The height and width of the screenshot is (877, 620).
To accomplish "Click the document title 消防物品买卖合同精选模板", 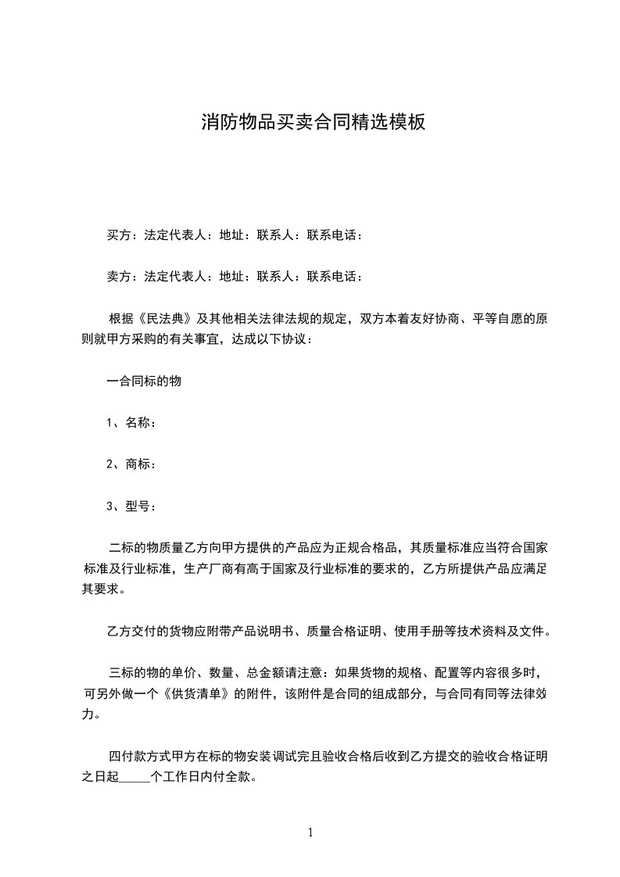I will (313, 122).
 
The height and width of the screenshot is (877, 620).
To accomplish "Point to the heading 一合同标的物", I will (145, 381).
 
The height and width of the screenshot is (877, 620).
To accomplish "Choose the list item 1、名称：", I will (131, 423).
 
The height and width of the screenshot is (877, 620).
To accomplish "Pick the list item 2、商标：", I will (131, 464).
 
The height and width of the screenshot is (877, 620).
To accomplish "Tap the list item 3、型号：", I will (131, 506).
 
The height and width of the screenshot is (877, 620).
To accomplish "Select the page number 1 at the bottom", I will (310, 832).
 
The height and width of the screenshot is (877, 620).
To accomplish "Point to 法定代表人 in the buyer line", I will (175, 234).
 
